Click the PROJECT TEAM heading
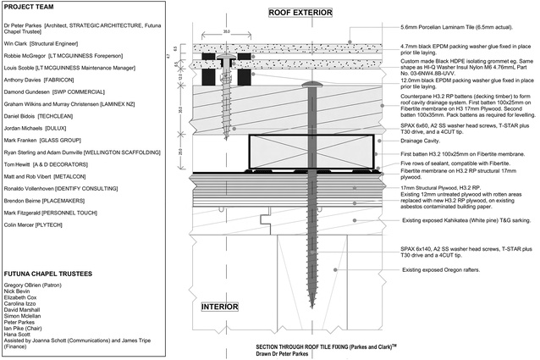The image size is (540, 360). pyautogui.click(x=30, y=9)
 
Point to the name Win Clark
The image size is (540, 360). pyautogui.click(x=14, y=40)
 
